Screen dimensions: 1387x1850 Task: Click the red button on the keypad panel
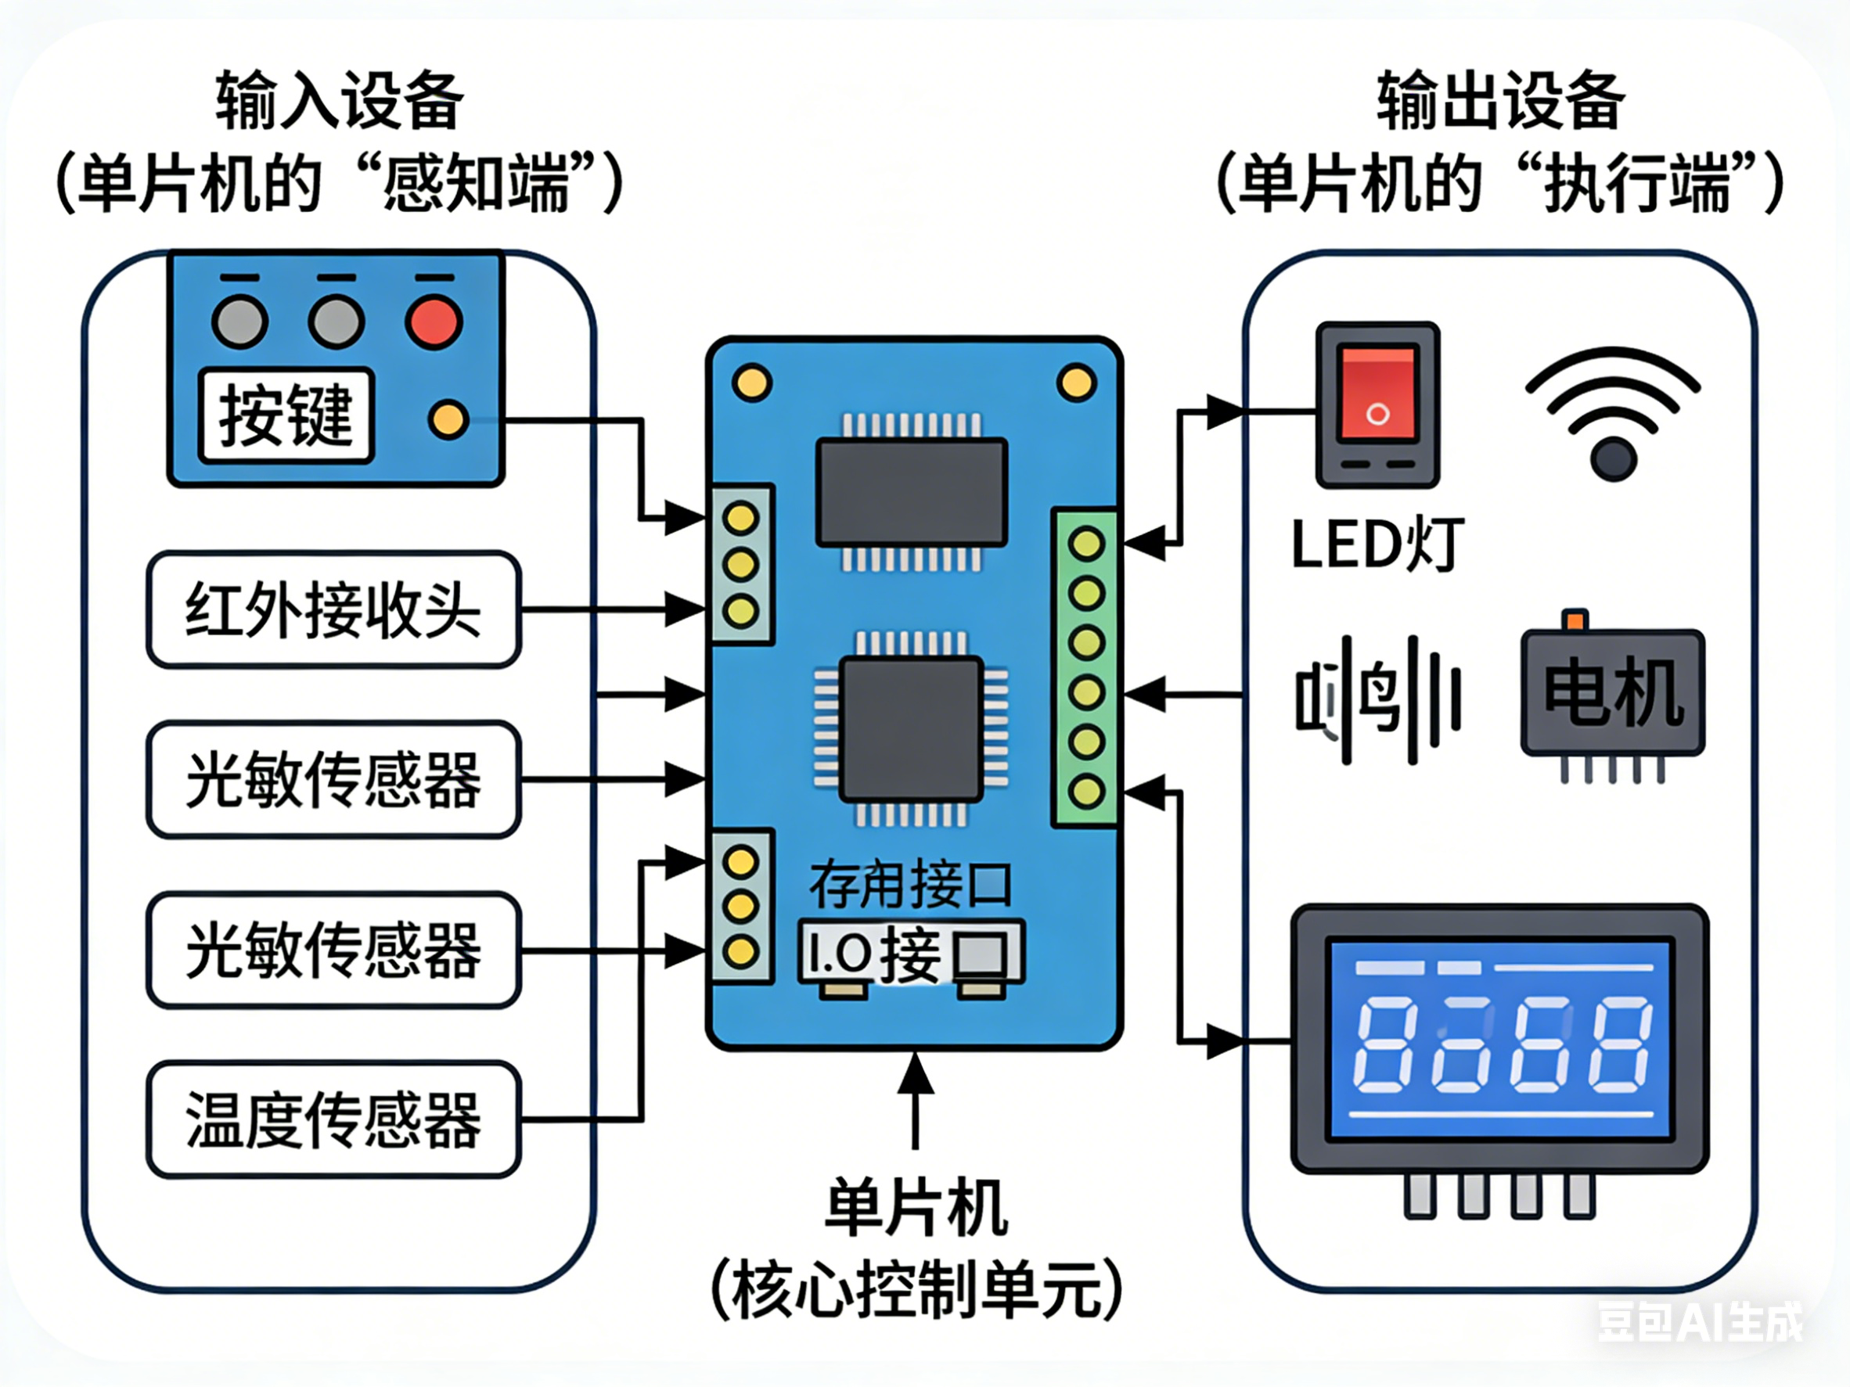click(x=434, y=322)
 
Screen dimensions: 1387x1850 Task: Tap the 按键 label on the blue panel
click(x=286, y=415)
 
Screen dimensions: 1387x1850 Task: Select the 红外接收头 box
click(x=333, y=609)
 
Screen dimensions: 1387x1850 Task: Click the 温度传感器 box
click(x=333, y=1119)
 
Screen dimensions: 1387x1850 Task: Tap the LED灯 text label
click(x=1377, y=545)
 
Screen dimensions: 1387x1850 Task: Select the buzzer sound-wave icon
click(x=1377, y=701)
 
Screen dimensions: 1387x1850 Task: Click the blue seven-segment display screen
click(x=1499, y=1039)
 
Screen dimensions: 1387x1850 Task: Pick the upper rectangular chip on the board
click(x=912, y=492)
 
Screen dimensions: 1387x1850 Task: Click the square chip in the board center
click(x=912, y=729)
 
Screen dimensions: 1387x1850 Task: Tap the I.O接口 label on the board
click(x=912, y=953)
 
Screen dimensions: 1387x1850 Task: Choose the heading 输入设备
click(x=339, y=102)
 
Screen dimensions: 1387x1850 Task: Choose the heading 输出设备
click(x=1501, y=102)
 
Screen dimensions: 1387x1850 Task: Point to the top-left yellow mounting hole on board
click(x=751, y=383)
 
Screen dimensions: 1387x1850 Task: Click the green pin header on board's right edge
click(x=1085, y=667)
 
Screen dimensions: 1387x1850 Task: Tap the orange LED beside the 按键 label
click(x=448, y=419)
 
